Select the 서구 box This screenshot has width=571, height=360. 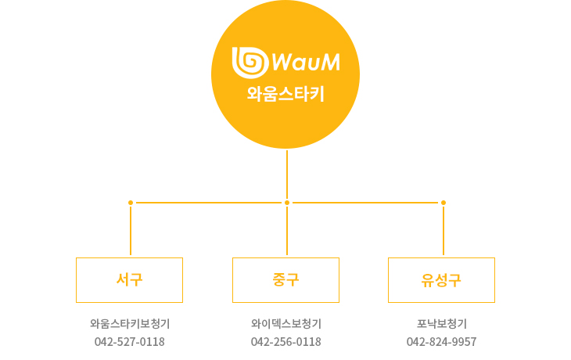click(129, 279)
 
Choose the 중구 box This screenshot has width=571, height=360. click(285, 279)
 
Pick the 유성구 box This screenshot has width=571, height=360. click(441, 279)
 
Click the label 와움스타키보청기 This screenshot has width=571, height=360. click(130, 323)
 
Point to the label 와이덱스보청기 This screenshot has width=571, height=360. click(285, 323)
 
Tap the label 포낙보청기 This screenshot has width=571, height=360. click(442, 323)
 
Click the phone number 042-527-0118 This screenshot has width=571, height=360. click(130, 342)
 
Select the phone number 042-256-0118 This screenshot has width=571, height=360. click(285, 342)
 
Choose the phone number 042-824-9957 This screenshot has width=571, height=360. click(442, 342)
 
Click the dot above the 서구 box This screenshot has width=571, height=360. click(131, 203)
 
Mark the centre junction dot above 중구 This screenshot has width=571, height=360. click(287, 203)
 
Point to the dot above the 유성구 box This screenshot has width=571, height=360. click(444, 203)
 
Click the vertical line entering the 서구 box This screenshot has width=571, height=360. click(131, 231)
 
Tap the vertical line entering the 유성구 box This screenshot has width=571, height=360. click(444, 231)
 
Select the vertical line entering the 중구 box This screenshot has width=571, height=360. click(287, 231)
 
